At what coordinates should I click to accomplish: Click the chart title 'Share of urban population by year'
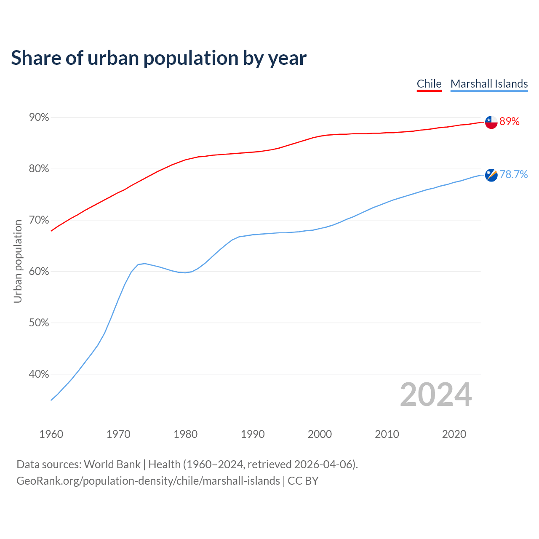pyautogui.click(x=159, y=58)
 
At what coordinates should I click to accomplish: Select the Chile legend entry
pyautogui.click(x=429, y=84)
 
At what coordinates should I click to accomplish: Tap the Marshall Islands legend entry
pyautogui.click(x=489, y=84)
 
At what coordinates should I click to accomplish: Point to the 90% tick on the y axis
pyautogui.click(x=39, y=117)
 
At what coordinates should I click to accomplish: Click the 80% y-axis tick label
pyautogui.click(x=39, y=169)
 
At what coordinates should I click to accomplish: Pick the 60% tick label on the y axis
pyautogui.click(x=39, y=272)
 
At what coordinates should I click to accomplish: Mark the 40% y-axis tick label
pyautogui.click(x=39, y=374)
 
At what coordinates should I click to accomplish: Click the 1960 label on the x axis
pyautogui.click(x=51, y=434)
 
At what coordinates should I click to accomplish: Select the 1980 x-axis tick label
pyautogui.click(x=185, y=434)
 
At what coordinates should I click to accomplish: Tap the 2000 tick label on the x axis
pyautogui.click(x=320, y=434)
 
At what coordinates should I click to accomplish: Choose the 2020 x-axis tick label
pyautogui.click(x=454, y=434)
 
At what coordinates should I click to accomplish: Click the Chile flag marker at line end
pyautogui.click(x=491, y=122)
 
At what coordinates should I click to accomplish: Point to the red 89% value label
pyautogui.click(x=510, y=122)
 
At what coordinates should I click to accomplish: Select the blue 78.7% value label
pyautogui.click(x=513, y=175)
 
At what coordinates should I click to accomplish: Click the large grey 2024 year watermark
pyautogui.click(x=436, y=395)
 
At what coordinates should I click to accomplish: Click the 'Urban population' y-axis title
pyautogui.click(x=18, y=261)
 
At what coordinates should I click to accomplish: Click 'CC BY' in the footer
pyautogui.click(x=303, y=481)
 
